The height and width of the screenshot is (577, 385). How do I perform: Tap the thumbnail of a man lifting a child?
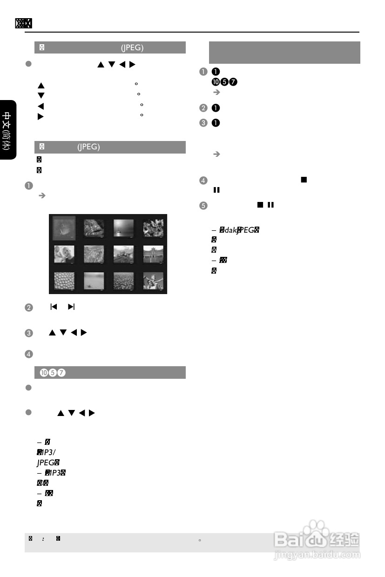click(x=153, y=281)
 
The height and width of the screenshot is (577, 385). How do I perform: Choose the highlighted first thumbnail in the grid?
click(x=64, y=228)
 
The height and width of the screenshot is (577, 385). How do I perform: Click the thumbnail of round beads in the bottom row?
click(x=64, y=281)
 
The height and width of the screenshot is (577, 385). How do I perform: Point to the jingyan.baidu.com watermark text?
click(x=317, y=555)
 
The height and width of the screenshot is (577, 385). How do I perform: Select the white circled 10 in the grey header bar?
click(x=43, y=373)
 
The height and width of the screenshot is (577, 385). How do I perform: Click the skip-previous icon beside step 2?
click(x=54, y=308)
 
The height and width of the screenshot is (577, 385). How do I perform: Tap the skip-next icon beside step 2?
click(x=71, y=308)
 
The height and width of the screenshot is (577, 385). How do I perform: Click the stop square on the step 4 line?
click(x=304, y=180)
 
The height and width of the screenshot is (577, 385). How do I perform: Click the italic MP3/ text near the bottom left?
click(x=45, y=451)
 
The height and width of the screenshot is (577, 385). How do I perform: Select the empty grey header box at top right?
click(x=284, y=52)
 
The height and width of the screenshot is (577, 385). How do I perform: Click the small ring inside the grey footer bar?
click(x=199, y=541)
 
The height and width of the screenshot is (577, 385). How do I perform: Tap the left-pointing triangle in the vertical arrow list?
click(x=41, y=106)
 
